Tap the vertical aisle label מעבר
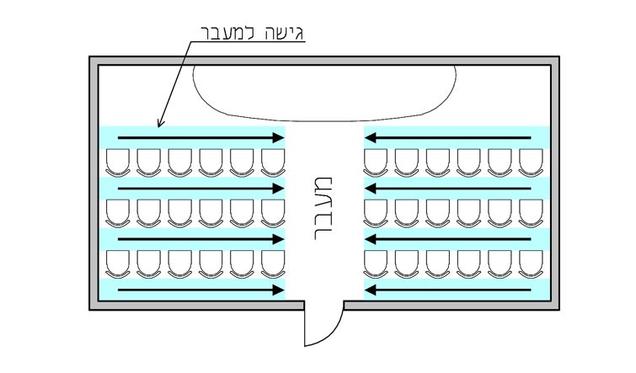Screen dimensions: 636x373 pos(323,209)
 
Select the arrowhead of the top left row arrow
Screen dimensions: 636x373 pos(278,138)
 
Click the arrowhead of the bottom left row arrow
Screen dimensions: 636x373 pos(278,290)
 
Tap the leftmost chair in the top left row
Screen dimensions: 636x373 pos(118,163)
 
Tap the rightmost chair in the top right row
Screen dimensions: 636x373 pos(531,163)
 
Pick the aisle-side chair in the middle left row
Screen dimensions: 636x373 pos(273,213)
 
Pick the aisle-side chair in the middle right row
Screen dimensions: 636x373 pos(376,213)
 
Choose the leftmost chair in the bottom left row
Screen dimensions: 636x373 pos(118,264)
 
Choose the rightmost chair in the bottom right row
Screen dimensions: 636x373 pos(531,264)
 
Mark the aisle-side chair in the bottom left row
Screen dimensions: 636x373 pos(273,264)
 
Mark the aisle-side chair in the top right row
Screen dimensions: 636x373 pos(376,163)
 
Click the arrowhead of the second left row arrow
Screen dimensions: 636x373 pos(278,189)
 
